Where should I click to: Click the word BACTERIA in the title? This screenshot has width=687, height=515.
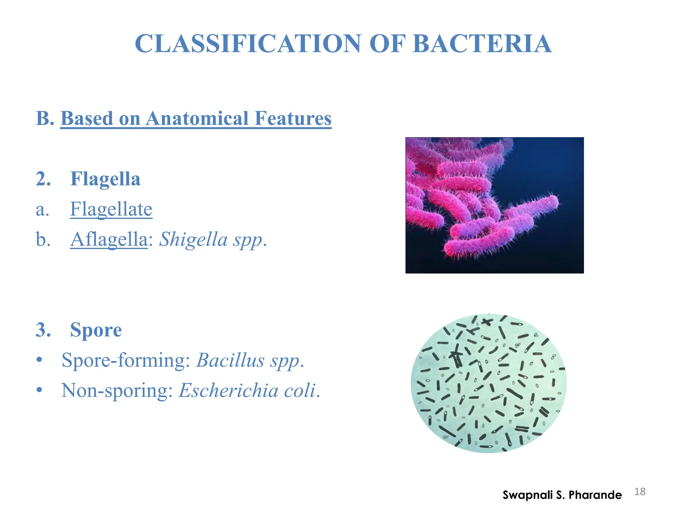click(482, 44)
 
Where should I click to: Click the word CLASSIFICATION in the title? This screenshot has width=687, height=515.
click(248, 44)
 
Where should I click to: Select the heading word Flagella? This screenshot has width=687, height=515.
click(105, 179)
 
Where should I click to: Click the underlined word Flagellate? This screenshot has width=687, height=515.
click(111, 209)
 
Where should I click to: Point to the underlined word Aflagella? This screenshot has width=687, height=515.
click(109, 239)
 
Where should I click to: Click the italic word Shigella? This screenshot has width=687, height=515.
click(193, 239)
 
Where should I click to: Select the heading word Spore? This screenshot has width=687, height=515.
click(96, 330)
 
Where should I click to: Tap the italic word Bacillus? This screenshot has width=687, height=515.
click(230, 360)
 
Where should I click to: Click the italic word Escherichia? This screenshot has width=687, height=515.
click(228, 391)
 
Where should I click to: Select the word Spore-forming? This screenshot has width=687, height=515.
click(126, 360)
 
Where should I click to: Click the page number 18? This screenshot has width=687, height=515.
click(640, 492)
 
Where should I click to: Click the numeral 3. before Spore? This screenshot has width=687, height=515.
click(44, 330)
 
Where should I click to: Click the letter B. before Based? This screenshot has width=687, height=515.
click(45, 118)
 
